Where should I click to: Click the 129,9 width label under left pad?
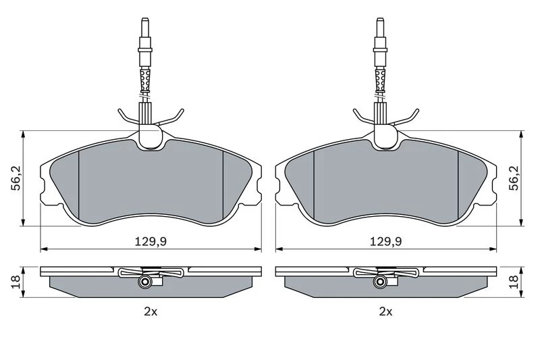pyautogui.click(x=150, y=242)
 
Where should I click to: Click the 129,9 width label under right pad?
pyautogui.click(x=385, y=242)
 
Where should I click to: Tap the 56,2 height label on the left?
pyautogui.click(x=16, y=178)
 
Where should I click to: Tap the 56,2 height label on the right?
pyautogui.click(x=514, y=178)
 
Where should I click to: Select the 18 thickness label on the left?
pyautogui.click(x=16, y=282)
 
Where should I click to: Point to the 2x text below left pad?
pyautogui.click(x=151, y=312)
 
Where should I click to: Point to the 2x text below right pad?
pyautogui.click(x=385, y=312)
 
